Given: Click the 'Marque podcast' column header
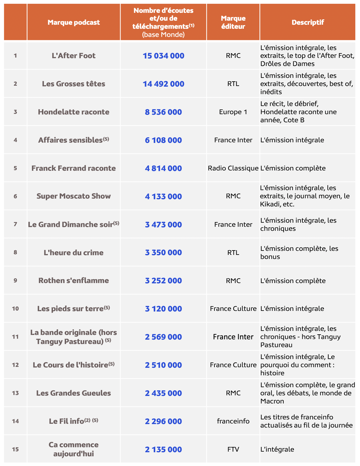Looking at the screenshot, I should click(x=74, y=22).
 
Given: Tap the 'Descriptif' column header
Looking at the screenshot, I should click(x=308, y=22).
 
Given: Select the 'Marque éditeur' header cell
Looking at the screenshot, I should click(x=233, y=22).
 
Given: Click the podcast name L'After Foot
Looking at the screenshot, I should click(x=74, y=56).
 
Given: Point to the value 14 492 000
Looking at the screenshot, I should click(x=163, y=84).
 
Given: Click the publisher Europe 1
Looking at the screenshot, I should click(x=233, y=112).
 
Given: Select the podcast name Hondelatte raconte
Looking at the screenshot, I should click(x=74, y=112).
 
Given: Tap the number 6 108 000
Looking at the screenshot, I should click(x=163, y=140).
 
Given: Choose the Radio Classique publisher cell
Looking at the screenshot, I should click(x=233, y=168).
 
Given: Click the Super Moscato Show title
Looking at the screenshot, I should click(x=74, y=196).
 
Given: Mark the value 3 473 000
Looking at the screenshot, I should click(x=163, y=225).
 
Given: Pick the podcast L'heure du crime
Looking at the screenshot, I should click(x=74, y=252).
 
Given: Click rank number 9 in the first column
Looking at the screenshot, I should click(x=15, y=281).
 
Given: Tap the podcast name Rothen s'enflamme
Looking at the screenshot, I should click(x=74, y=281).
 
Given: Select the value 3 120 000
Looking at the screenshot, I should click(x=163, y=309).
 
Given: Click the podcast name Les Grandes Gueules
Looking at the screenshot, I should click(x=74, y=393).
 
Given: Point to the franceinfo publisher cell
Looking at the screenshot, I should click(x=233, y=421).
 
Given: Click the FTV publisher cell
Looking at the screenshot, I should click(x=233, y=449).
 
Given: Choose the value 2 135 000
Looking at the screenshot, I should click(x=163, y=449).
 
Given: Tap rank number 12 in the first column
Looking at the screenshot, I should click(x=15, y=365).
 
